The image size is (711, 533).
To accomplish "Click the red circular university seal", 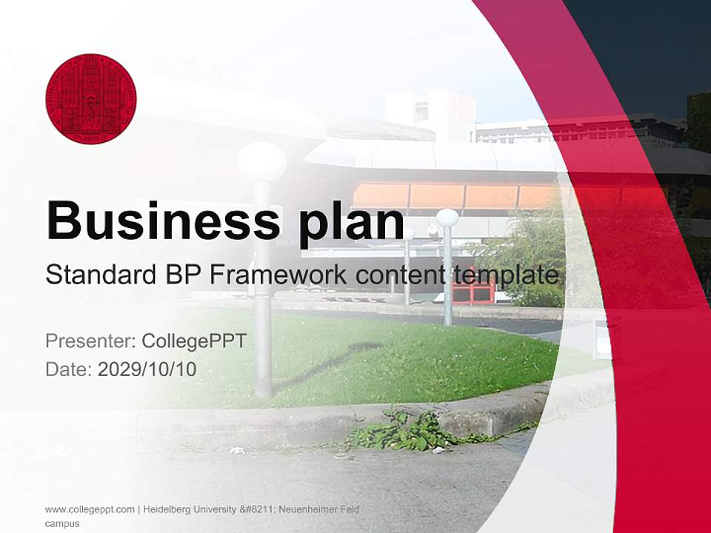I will pyautogui.click(x=91, y=98).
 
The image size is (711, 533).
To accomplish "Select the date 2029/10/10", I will pyautogui.click(x=147, y=369).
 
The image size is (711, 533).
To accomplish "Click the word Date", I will pyautogui.click(x=67, y=369).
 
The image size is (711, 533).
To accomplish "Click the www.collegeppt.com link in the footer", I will pyautogui.click(x=90, y=509).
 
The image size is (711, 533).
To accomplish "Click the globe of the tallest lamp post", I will pyautogui.click(x=261, y=161).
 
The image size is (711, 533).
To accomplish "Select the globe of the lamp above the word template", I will pyautogui.click(x=447, y=218).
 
